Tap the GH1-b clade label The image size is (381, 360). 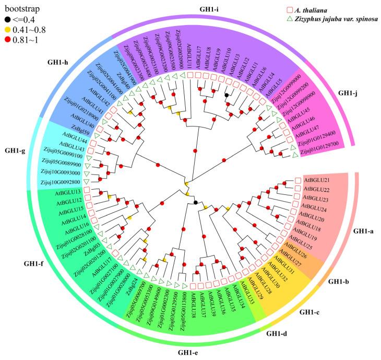click(341, 282)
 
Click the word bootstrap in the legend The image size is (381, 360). click(20, 9)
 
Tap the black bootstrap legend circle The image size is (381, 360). click(7, 19)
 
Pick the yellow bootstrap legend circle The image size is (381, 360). click(7, 29)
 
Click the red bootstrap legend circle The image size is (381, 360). click(7, 40)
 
